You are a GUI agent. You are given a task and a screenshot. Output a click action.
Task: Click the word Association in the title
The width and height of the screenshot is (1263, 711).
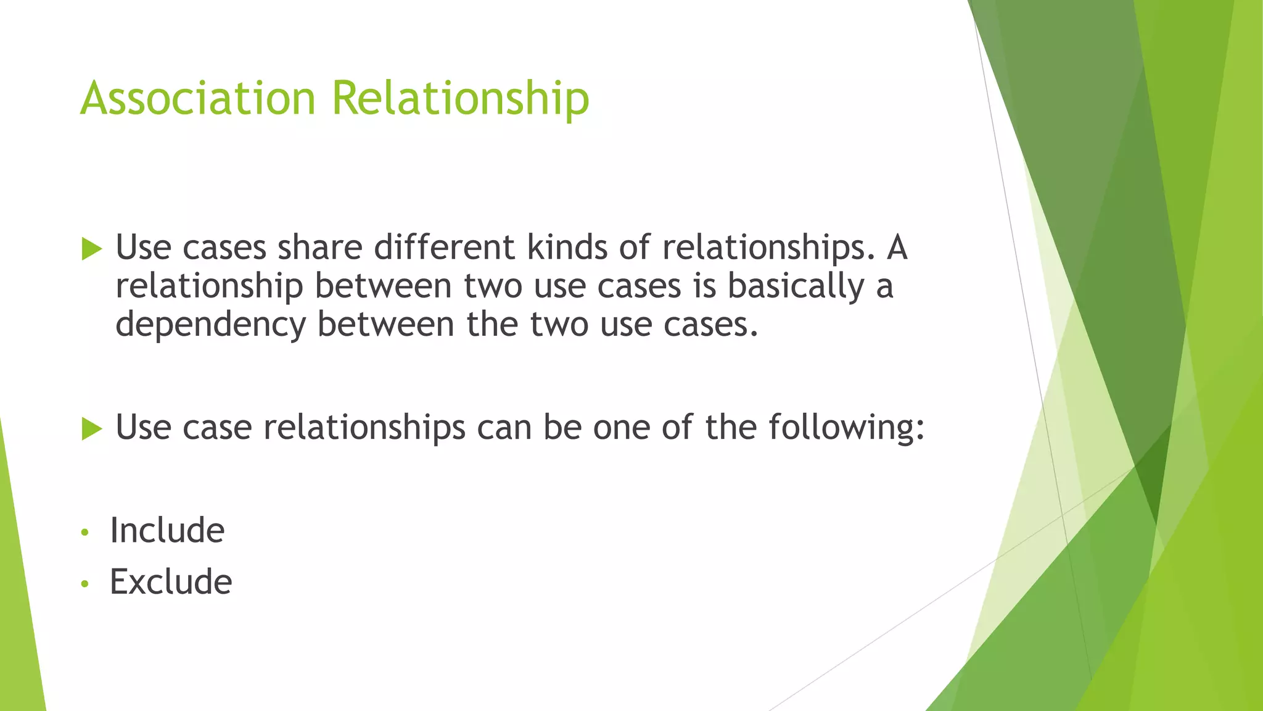(x=197, y=98)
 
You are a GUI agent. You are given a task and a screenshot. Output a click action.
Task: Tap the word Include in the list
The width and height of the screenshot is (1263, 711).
(x=167, y=530)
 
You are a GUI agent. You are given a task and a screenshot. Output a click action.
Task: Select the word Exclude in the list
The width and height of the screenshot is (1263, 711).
(x=171, y=581)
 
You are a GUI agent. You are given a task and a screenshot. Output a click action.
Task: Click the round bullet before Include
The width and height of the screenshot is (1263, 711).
(x=85, y=532)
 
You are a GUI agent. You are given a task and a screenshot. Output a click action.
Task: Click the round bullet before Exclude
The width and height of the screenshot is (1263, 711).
(x=85, y=583)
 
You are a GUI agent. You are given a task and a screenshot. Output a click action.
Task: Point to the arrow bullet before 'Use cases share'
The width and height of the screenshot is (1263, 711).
(x=91, y=249)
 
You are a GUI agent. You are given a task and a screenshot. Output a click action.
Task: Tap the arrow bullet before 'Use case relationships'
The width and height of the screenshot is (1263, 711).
(x=91, y=428)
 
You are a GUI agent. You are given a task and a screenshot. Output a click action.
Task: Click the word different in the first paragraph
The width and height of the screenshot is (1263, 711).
(x=444, y=247)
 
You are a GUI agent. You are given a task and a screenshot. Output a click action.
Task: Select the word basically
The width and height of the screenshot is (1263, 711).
(x=796, y=286)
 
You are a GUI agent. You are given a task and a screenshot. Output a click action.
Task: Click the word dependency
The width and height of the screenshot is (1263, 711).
(x=210, y=325)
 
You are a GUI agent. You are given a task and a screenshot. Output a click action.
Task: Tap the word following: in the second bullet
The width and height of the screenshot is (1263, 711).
(x=847, y=427)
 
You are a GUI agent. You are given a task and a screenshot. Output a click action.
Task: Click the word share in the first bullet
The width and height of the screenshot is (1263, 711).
(x=319, y=247)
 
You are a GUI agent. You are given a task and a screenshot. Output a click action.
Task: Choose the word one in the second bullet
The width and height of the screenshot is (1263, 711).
(x=621, y=427)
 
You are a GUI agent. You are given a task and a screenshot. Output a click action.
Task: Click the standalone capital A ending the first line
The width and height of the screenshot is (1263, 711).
(x=897, y=247)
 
